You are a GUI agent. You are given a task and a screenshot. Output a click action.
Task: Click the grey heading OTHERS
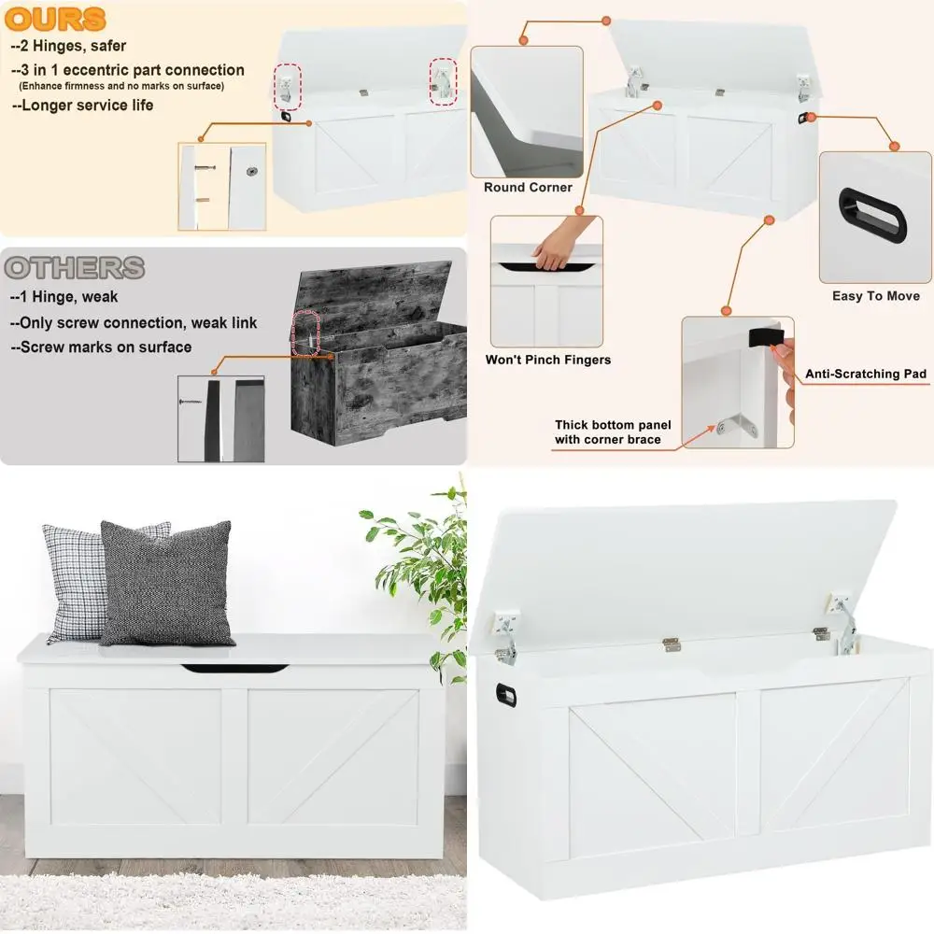point(75,268)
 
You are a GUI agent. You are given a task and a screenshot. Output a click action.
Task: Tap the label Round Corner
point(528,188)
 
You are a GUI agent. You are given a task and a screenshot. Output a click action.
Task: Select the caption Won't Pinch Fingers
point(548,360)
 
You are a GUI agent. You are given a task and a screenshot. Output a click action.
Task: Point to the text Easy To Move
point(876,296)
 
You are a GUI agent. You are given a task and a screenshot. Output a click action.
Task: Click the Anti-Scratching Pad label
point(866,375)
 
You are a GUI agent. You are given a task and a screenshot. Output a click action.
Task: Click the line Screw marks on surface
point(101,347)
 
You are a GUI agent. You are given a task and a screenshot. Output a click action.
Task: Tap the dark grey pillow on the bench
point(167,584)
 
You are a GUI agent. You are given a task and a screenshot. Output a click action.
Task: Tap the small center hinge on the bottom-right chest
point(671,644)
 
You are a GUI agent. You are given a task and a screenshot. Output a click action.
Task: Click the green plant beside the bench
point(420,570)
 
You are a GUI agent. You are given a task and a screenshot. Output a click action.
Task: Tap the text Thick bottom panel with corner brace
point(613,432)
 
